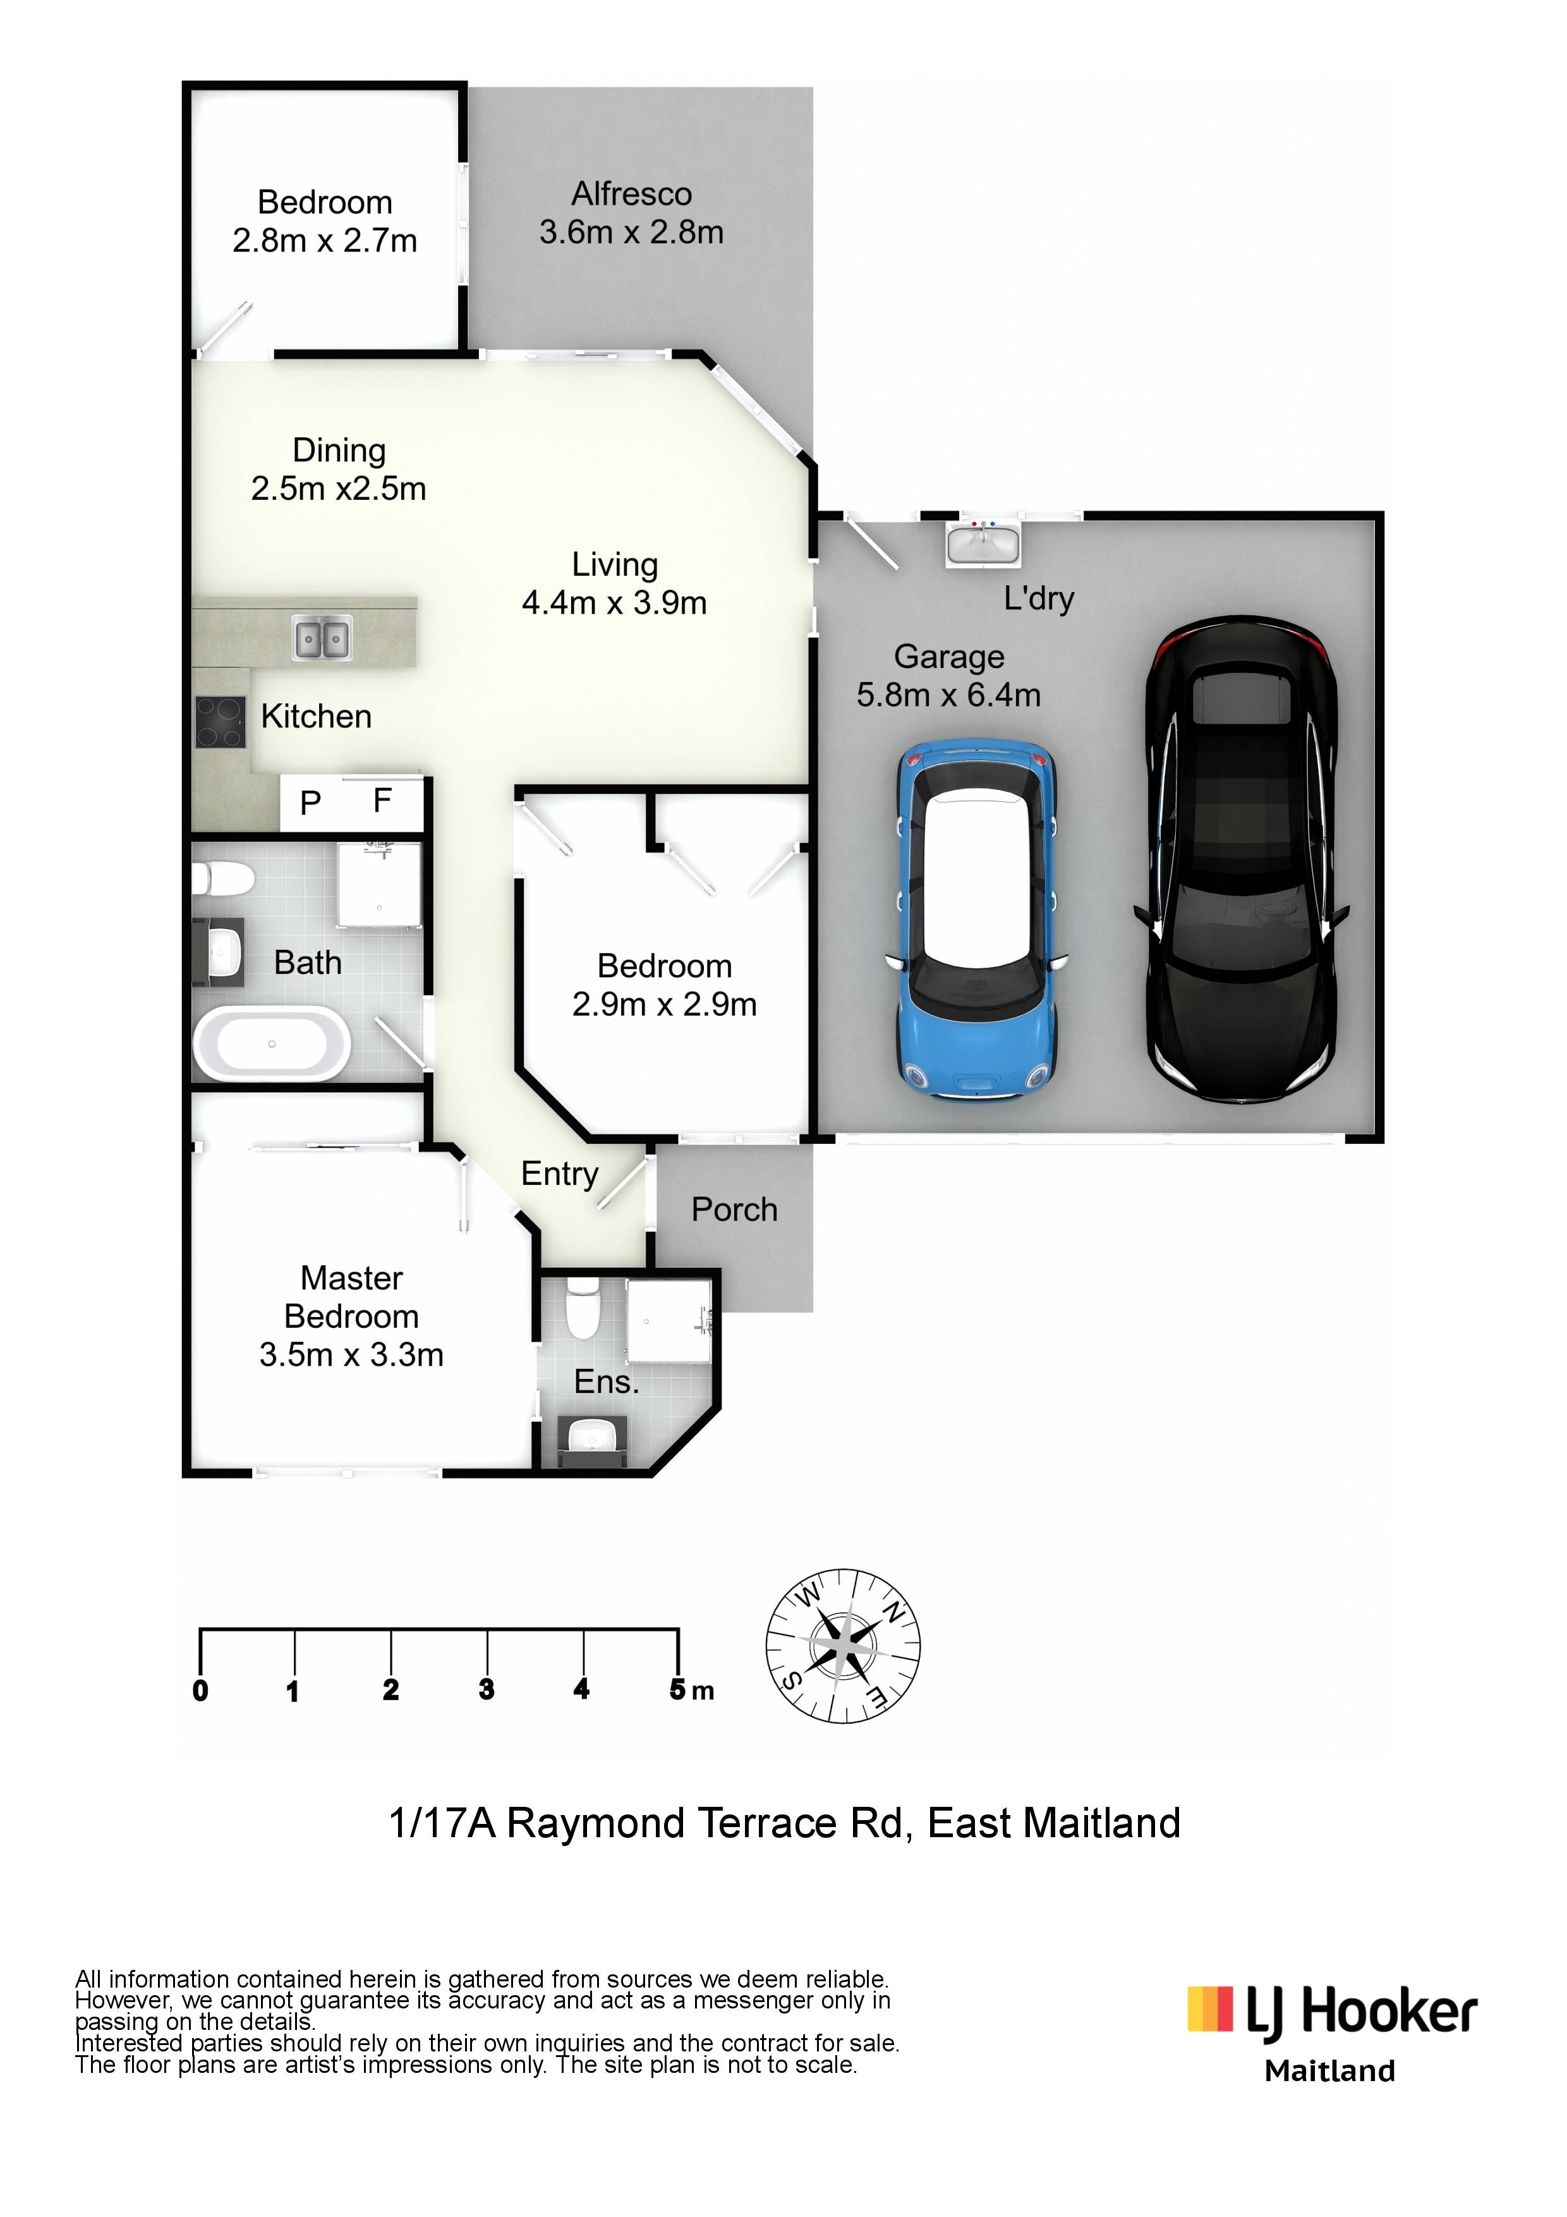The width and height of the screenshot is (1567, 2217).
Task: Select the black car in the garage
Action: point(1242,859)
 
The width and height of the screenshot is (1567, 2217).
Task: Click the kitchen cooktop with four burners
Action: point(220,722)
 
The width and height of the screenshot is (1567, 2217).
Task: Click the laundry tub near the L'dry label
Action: point(982,543)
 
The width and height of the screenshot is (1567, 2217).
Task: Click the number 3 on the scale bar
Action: point(486,1689)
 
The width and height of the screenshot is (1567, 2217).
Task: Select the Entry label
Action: point(560,1174)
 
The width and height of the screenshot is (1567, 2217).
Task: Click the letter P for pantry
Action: point(310,803)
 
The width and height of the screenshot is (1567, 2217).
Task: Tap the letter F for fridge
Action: point(382,801)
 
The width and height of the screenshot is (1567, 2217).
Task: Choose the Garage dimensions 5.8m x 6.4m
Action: point(948,695)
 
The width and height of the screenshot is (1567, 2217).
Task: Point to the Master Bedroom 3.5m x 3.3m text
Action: point(351,1315)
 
